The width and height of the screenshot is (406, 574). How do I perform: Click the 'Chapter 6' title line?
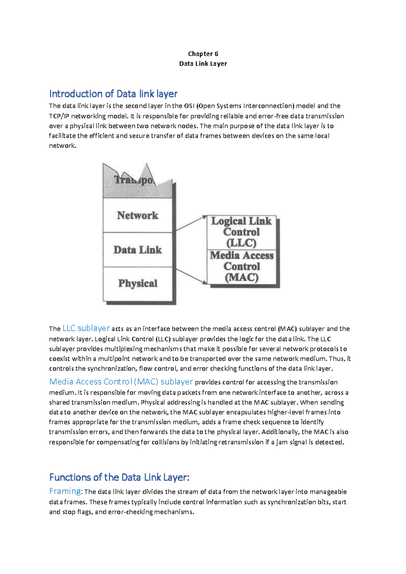coord(203,54)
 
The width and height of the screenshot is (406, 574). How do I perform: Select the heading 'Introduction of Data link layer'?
coord(113,94)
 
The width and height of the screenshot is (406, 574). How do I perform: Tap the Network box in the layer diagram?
coord(137,215)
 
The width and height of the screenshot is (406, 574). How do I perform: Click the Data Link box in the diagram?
coord(137,250)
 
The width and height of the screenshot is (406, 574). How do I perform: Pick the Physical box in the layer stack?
coord(137,283)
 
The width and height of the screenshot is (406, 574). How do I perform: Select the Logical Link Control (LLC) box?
coord(241,232)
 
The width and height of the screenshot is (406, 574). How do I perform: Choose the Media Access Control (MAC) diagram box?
coord(242,266)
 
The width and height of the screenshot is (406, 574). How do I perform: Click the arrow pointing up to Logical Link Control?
coord(191,223)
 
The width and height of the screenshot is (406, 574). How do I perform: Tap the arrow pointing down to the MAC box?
coord(191,276)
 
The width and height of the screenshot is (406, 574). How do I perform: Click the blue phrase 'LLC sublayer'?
coord(86,328)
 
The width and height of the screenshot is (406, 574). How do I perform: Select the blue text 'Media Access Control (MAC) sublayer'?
coord(121,382)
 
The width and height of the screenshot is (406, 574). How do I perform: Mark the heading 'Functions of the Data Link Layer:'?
coord(119,478)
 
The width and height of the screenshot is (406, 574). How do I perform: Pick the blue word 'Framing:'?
coord(66,491)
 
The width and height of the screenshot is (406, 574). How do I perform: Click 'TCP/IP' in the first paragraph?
coord(59,116)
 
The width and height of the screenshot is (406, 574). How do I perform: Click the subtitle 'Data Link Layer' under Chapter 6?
coord(203,64)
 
